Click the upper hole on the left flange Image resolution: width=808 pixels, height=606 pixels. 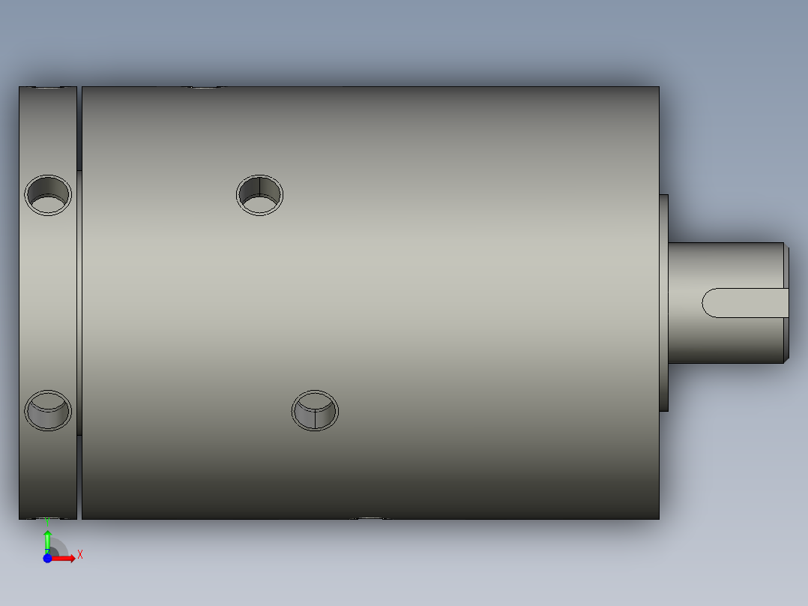(48, 194)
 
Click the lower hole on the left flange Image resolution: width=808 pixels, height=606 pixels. (48, 410)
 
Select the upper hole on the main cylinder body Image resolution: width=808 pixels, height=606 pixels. (259, 194)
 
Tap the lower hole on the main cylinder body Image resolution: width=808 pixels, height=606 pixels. (315, 410)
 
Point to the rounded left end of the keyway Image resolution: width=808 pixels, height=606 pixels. (708, 302)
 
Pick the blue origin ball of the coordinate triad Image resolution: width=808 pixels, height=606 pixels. (47, 558)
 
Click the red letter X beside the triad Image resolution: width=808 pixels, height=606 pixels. (79, 554)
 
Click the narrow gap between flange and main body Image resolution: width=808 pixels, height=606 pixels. (79, 300)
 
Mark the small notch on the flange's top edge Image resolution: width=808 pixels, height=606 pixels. (49, 88)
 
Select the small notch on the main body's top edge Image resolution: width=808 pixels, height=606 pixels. (204, 88)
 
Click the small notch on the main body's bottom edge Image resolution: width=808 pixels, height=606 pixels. (370, 517)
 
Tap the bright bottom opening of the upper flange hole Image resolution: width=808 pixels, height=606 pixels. (48, 204)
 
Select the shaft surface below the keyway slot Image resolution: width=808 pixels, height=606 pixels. (727, 341)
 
